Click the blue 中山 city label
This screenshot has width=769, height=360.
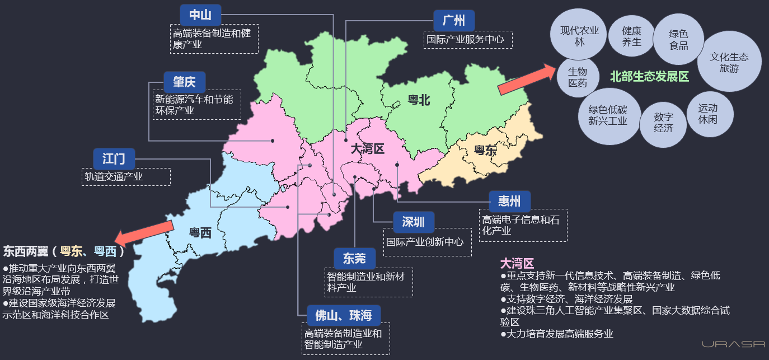[200, 15]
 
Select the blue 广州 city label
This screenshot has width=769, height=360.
[454, 21]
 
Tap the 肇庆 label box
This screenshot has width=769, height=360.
[185, 82]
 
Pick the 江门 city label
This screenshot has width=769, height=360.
[114, 158]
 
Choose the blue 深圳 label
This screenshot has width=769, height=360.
[414, 222]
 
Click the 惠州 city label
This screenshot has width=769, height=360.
[509, 201]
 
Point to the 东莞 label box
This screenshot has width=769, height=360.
[355, 258]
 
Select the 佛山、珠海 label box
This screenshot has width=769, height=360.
[344, 315]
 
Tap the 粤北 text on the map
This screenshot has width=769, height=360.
[419, 100]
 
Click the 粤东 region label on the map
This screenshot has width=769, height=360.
[485, 150]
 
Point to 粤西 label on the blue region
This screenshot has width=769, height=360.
[200, 232]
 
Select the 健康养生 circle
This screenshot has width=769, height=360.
[631, 36]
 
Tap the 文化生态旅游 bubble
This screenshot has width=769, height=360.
[729, 62]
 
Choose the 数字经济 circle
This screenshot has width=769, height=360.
[663, 123]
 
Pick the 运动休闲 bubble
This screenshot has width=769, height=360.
[707, 114]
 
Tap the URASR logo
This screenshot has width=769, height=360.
[733, 344]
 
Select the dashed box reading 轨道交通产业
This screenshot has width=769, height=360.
[126, 177]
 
